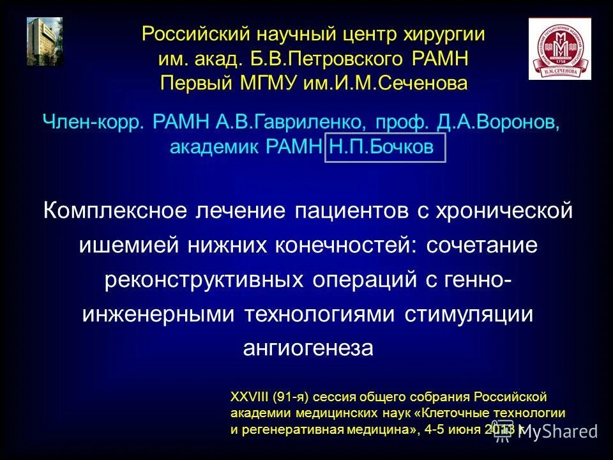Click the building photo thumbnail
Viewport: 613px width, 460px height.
tap(45, 42)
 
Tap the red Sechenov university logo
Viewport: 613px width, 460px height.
tap(559, 49)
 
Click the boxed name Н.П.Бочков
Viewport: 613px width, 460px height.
tap(382, 147)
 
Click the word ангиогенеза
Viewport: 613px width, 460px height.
tap(307, 348)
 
